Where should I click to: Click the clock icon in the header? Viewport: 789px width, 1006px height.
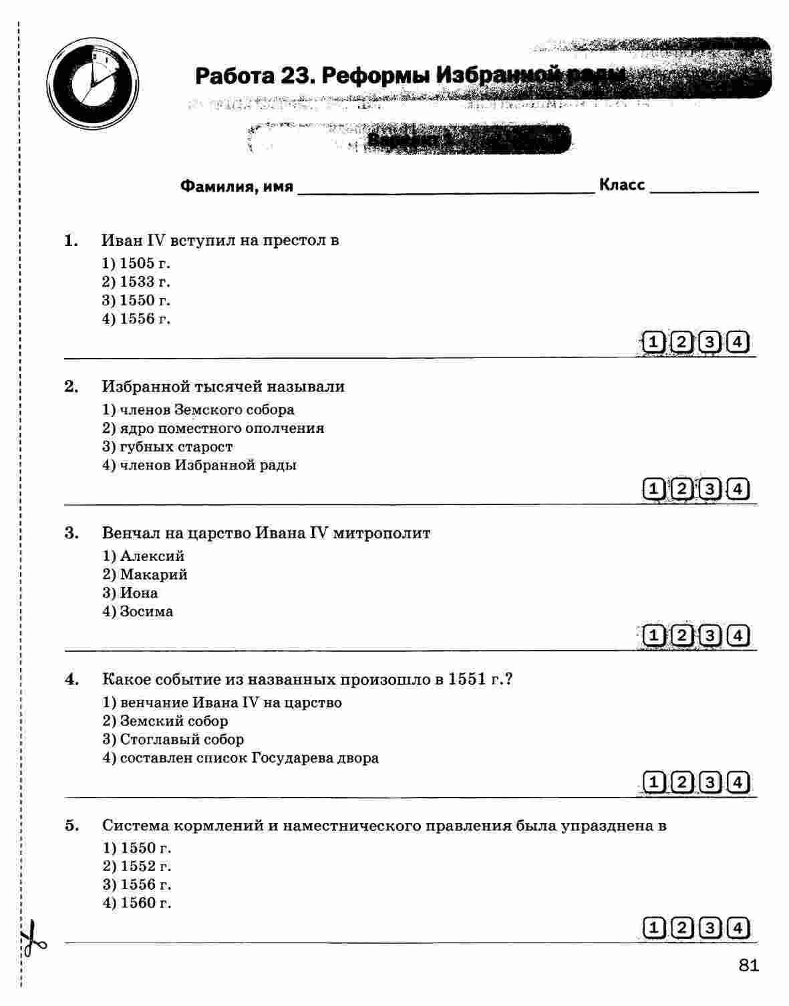click(94, 83)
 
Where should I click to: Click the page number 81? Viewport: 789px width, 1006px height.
click(749, 965)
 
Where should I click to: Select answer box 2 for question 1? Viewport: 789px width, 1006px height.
click(681, 343)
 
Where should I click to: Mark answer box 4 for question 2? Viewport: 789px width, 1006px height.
click(738, 489)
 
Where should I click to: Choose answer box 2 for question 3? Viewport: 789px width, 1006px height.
click(681, 635)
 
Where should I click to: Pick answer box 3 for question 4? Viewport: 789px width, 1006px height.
click(709, 782)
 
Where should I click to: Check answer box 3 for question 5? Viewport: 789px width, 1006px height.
click(709, 928)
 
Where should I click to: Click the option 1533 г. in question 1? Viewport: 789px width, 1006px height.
click(136, 282)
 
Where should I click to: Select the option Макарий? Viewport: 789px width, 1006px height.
click(145, 574)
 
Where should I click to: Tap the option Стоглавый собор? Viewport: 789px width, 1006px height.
click(173, 739)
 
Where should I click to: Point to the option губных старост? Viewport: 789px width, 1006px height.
click(168, 446)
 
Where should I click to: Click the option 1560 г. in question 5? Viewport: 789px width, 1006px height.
click(137, 903)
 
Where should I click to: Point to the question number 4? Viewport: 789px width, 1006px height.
click(71, 680)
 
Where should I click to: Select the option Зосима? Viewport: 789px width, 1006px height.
click(138, 611)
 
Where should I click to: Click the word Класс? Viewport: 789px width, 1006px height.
click(621, 184)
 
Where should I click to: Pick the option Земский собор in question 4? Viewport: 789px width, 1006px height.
click(165, 721)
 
